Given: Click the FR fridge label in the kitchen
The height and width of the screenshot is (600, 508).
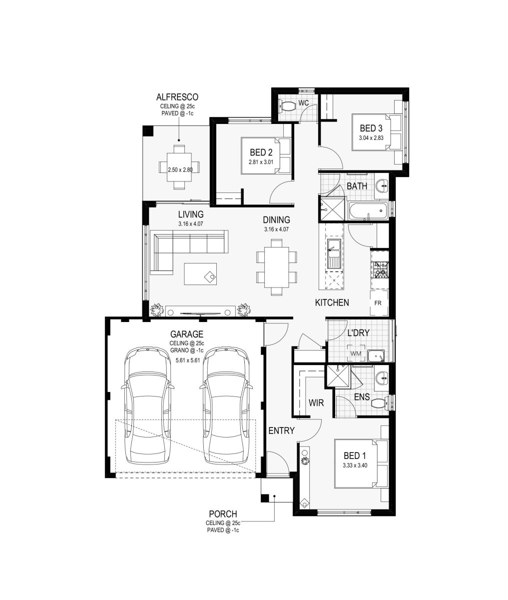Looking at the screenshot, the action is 378,303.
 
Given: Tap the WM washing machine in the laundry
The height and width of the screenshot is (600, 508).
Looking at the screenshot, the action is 356,353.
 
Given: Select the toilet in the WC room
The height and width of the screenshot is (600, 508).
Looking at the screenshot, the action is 287,105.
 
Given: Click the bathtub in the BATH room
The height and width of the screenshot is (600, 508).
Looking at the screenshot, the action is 368,210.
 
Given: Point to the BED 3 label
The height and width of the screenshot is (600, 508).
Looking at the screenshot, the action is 371,128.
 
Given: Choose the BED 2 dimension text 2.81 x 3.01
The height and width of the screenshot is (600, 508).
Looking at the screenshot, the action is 261,162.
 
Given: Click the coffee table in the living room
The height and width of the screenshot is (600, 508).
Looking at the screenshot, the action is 200,273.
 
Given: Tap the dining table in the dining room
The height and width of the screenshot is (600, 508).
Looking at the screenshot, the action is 276,267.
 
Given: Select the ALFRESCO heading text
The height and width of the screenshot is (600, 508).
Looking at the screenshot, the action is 177,96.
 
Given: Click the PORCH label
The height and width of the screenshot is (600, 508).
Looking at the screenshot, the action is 223,514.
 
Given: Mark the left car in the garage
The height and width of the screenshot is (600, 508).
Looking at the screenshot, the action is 147,406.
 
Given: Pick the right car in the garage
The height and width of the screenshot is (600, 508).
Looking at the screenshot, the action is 226,406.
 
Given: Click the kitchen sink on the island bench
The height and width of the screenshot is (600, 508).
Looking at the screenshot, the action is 335,254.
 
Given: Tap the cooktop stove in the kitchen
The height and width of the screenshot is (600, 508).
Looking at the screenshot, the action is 380,269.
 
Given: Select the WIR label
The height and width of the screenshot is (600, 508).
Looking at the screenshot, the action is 316,402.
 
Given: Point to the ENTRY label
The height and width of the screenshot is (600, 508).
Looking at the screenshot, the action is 281,430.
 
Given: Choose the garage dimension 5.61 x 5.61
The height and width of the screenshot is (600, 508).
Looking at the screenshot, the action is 188,360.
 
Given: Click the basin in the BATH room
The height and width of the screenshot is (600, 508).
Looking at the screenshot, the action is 382,185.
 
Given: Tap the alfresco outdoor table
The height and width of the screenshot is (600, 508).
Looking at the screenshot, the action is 179,167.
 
